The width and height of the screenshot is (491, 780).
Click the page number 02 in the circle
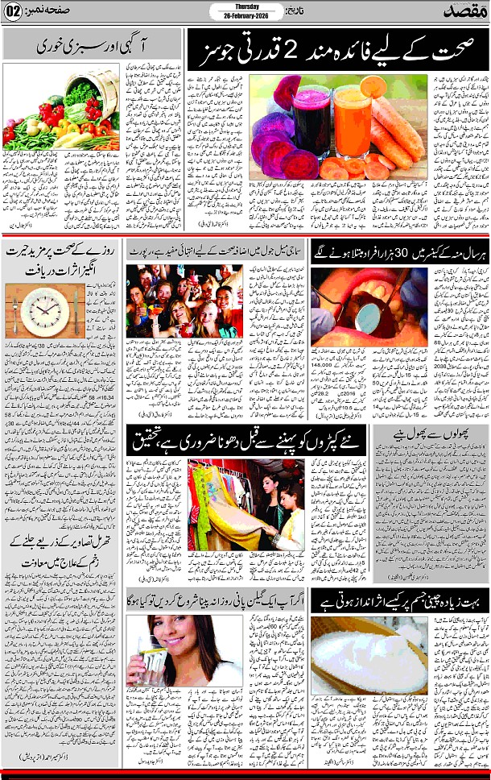(14, 13)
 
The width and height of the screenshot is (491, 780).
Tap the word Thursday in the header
(245, 7)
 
